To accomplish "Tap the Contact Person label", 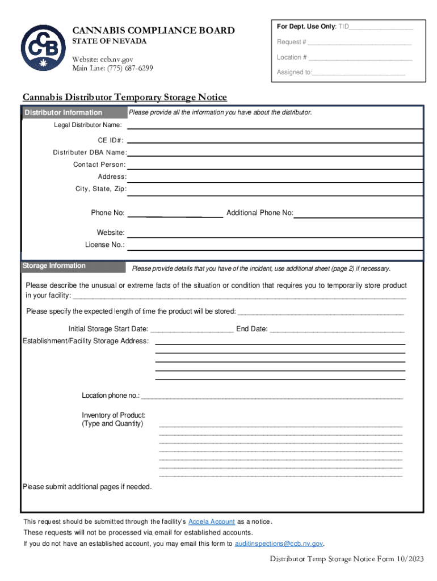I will coord(99,165).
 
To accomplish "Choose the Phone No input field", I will coord(175,215).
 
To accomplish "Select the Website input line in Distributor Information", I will coord(275,235).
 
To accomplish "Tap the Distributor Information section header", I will coord(63,112).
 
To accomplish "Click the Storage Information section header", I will coord(54,266).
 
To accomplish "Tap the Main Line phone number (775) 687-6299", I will coord(130,69).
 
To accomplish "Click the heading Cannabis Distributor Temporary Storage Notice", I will coord(124,98).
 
